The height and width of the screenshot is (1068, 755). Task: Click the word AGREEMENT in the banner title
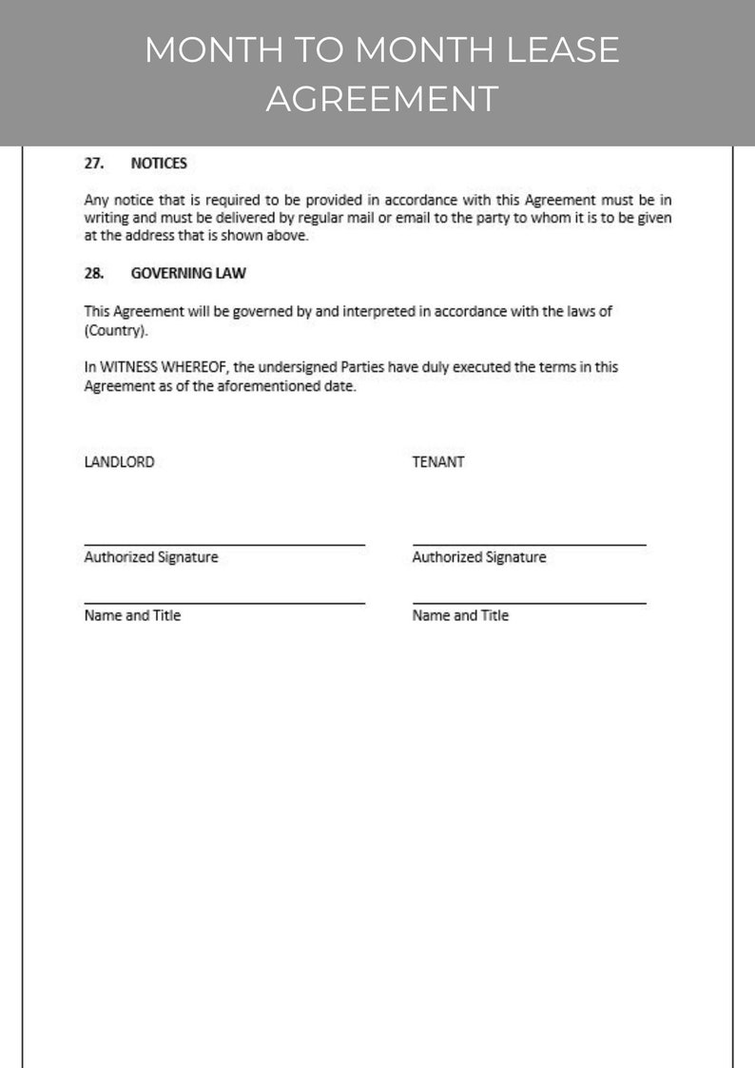[381, 98]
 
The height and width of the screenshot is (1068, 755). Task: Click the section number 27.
[93, 164]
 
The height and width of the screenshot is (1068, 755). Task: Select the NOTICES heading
[159, 164]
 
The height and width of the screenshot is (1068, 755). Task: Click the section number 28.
[93, 274]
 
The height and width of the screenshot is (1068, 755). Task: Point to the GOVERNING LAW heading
[188, 274]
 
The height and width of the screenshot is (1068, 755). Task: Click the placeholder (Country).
[116, 331]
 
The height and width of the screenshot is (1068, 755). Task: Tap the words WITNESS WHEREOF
[161, 367]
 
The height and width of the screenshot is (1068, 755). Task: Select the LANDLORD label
[119, 462]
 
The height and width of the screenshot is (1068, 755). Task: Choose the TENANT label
[438, 462]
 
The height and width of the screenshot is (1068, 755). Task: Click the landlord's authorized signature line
[224, 544]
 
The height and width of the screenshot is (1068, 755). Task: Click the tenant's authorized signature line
[529, 544]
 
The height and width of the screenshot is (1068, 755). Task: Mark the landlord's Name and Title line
[224, 602]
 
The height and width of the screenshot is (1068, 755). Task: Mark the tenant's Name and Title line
[529, 602]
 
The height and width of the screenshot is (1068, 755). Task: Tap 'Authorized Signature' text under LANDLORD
[151, 557]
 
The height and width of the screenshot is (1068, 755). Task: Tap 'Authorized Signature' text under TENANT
[479, 557]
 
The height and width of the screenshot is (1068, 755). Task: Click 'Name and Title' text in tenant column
[460, 615]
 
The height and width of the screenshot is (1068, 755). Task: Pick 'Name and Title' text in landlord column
[132, 615]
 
